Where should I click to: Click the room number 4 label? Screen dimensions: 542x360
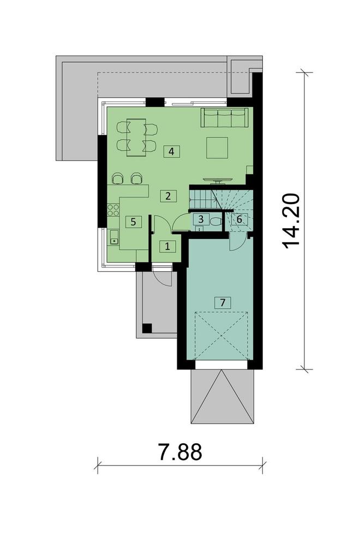[171, 151]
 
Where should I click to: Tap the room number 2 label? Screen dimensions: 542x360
[168, 196]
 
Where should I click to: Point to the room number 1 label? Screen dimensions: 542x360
[167, 246]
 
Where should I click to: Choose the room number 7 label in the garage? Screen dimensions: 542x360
[222, 302]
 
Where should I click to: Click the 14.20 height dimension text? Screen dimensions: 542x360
[293, 221]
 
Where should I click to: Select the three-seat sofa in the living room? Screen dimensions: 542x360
[224, 117]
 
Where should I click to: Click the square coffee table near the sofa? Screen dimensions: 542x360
[217, 147]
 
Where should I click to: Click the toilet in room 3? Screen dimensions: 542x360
[215, 221]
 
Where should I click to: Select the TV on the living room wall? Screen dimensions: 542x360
[218, 178]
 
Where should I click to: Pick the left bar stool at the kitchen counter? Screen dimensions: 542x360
[117, 178]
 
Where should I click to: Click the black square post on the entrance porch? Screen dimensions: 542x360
[146, 328]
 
